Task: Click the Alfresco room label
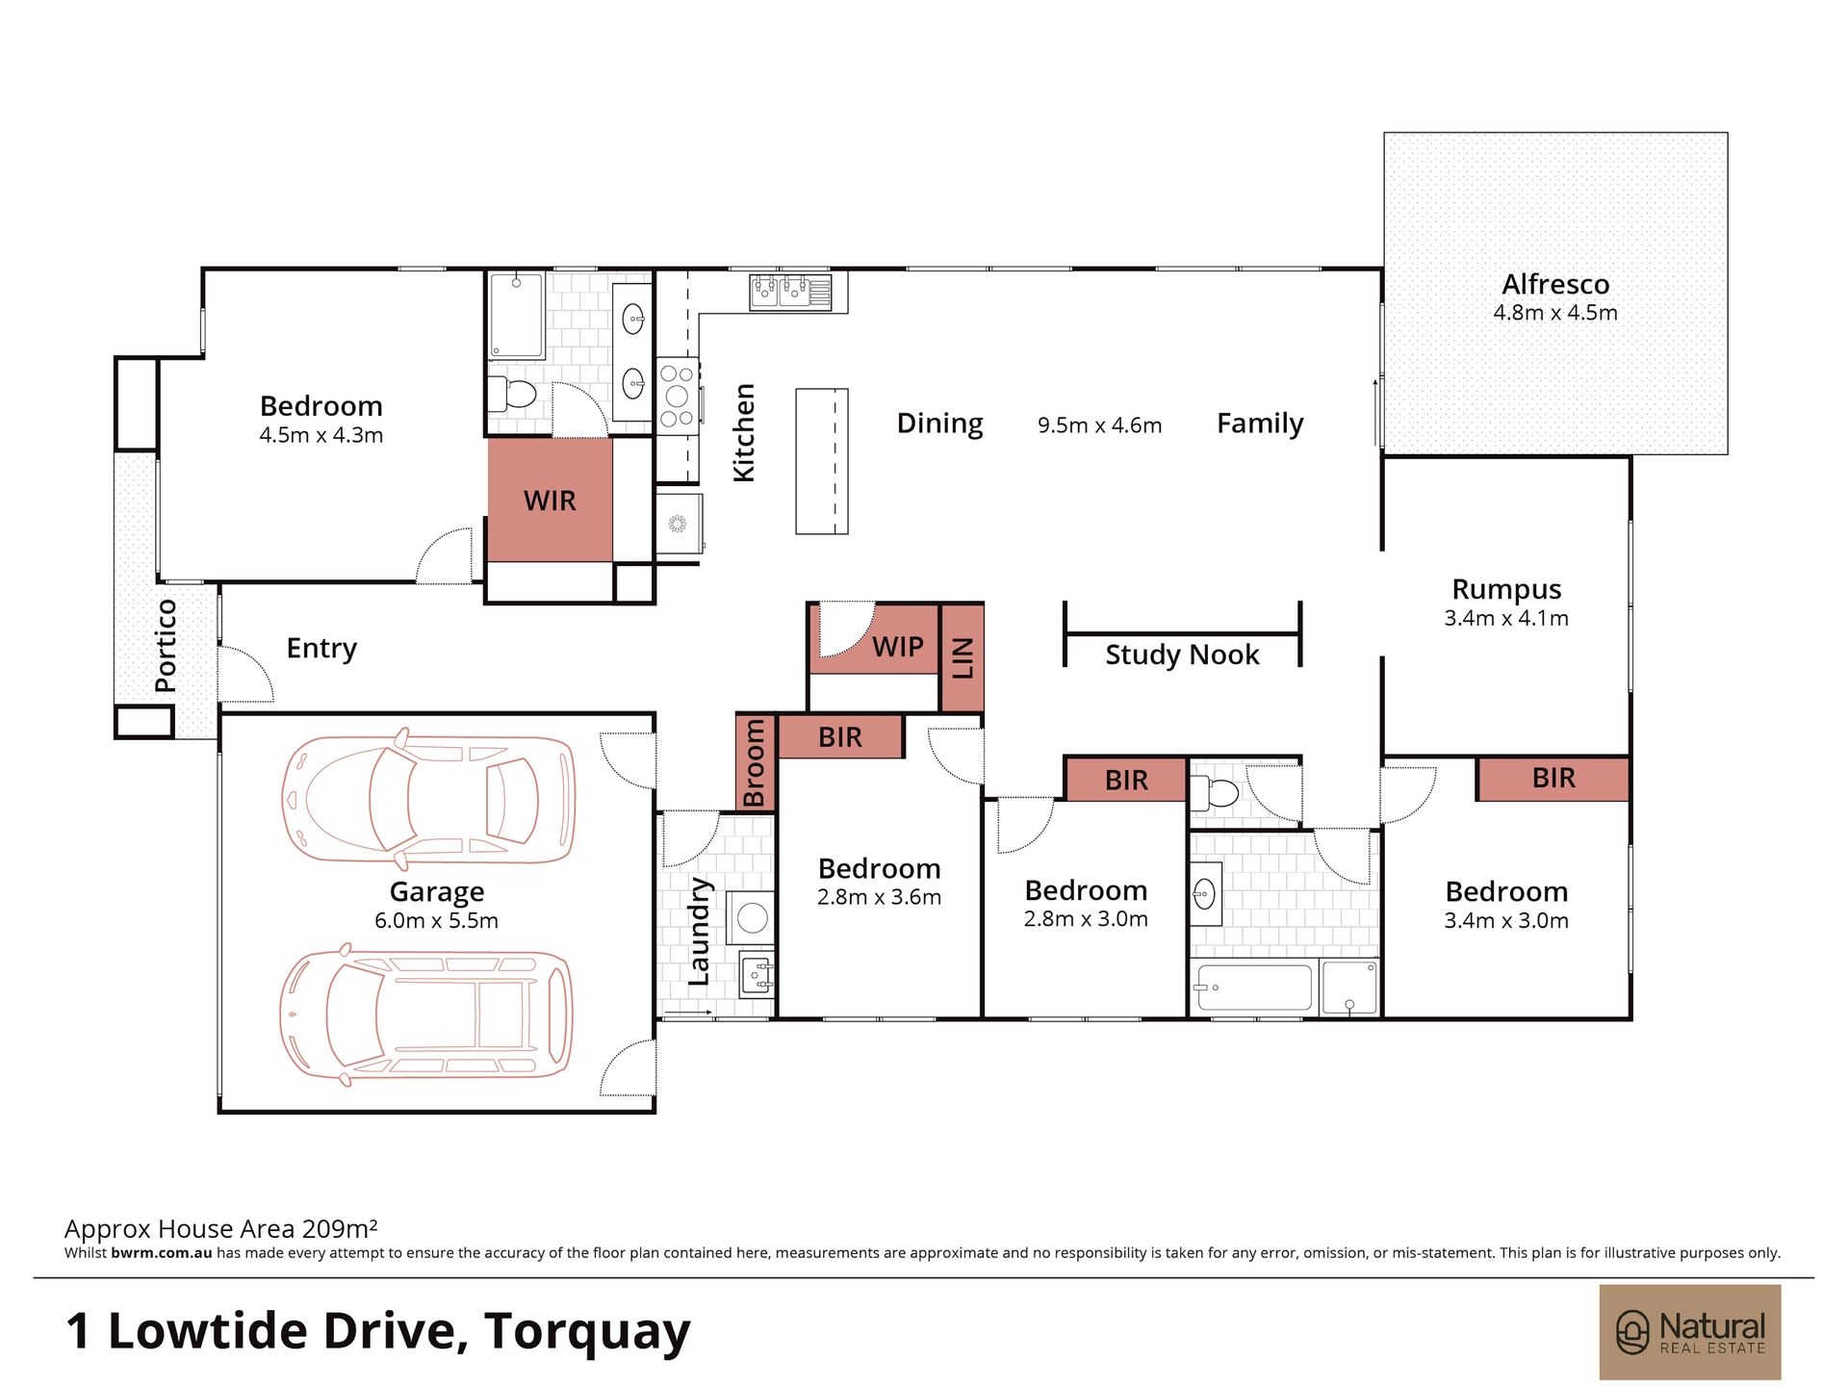(x=1555, y=285)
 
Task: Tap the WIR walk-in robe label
(x=550, y=501)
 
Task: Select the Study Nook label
(x=1182, y=655)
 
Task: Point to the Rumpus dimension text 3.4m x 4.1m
(x=1506, y=618)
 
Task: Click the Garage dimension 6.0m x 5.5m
(x=436, y=920)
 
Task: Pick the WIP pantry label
(x=898, y=647)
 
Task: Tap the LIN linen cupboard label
(x=962, y=658)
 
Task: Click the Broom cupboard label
(x=755, y=763)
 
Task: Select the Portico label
(x=166, y=645)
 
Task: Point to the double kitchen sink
(x=790, y=291)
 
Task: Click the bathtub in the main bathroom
(x=1252, y=988)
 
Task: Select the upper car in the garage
(x=428, y=799)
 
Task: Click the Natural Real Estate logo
(x=1690, y=1332)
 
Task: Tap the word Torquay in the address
(x=587, y=1332)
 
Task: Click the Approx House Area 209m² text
(x=221, y=1228)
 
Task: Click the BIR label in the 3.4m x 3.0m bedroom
(x=1553, y=778)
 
